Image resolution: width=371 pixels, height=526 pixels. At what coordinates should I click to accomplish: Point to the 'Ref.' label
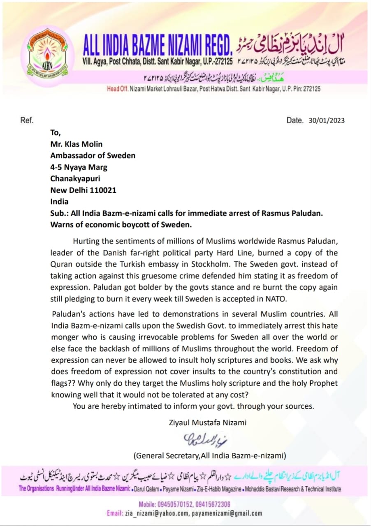click(x=27, y=120)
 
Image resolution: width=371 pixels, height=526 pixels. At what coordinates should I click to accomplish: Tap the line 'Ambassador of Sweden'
click(x=93, y=156)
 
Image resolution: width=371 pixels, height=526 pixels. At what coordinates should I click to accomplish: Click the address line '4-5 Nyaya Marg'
click(x=79, y=167)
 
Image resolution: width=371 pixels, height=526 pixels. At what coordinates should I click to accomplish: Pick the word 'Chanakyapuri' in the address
click(x=75, y=179)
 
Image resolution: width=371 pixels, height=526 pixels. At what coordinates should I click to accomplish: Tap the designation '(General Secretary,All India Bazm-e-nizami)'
click(x=209, y=455)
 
